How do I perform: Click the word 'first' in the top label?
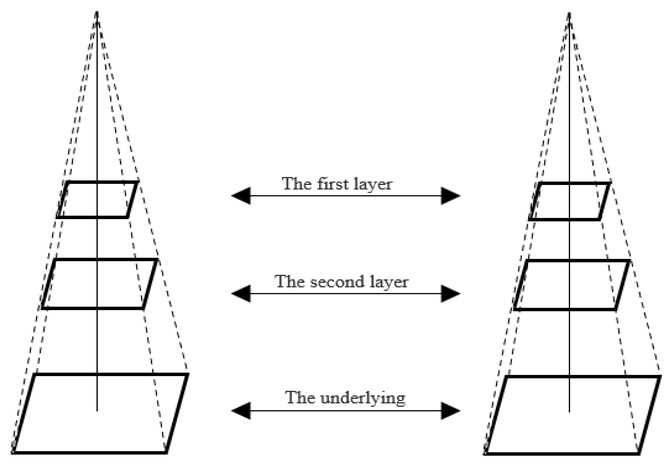coord(332,184)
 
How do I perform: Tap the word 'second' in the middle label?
coord(337,282)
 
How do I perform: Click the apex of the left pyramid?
coord(97,12)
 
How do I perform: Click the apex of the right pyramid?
coord(569,13)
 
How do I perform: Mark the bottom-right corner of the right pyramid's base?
coord(639,453)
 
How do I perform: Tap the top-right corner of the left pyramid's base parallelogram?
coord(188,375)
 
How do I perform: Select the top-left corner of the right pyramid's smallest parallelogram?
coord(541,183)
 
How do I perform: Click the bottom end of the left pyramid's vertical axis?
coord(97,411)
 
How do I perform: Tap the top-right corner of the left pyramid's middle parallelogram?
coord(157,260)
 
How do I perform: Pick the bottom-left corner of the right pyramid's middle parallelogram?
coord(515,309)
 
